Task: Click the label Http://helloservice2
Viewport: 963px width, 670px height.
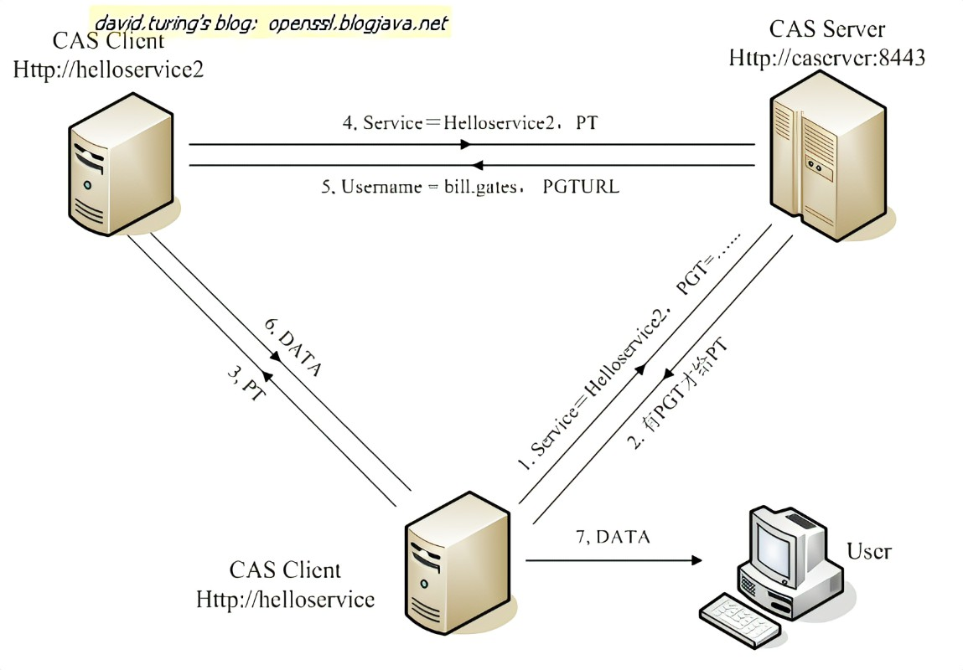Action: coord(108,69)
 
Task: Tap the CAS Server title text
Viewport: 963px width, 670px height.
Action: coord(827,29)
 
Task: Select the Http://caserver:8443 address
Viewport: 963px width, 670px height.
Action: coord(826,58)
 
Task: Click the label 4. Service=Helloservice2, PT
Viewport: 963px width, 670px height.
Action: coord(470,123)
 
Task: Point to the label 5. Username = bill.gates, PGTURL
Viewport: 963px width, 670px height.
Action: coord(470,186)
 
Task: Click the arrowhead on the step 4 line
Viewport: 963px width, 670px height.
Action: coord(465,144)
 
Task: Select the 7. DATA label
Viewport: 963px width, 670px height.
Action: coord(613,537)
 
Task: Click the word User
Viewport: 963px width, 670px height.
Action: coord(868,551)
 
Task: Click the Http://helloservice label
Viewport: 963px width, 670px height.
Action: coord(285,599)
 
